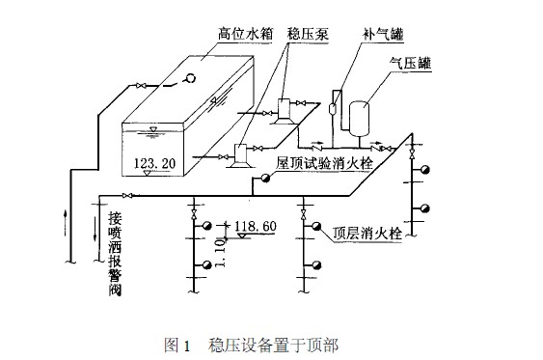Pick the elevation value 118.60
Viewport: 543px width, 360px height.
point(255,225)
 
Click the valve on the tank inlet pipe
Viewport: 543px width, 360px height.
point(143,89)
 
